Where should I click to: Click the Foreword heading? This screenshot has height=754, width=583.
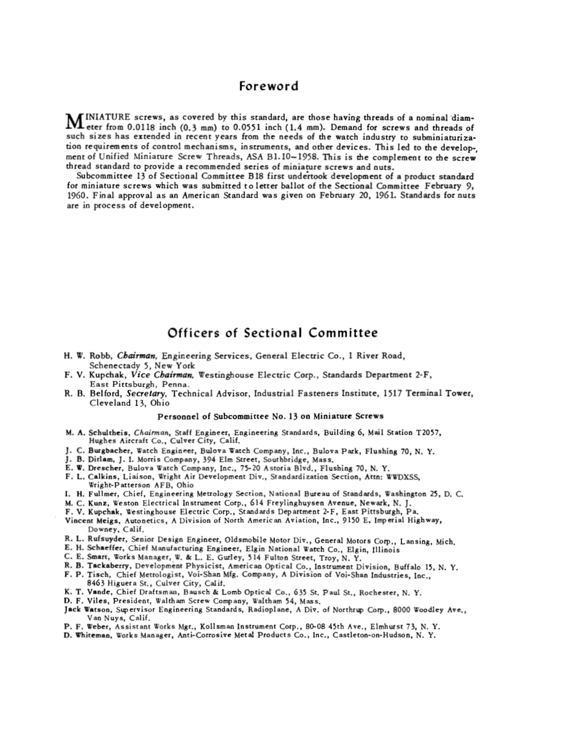269,86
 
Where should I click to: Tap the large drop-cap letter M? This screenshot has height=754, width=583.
73,121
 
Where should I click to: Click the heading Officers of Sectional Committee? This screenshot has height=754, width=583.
272,333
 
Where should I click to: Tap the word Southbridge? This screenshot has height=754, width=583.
277,459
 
